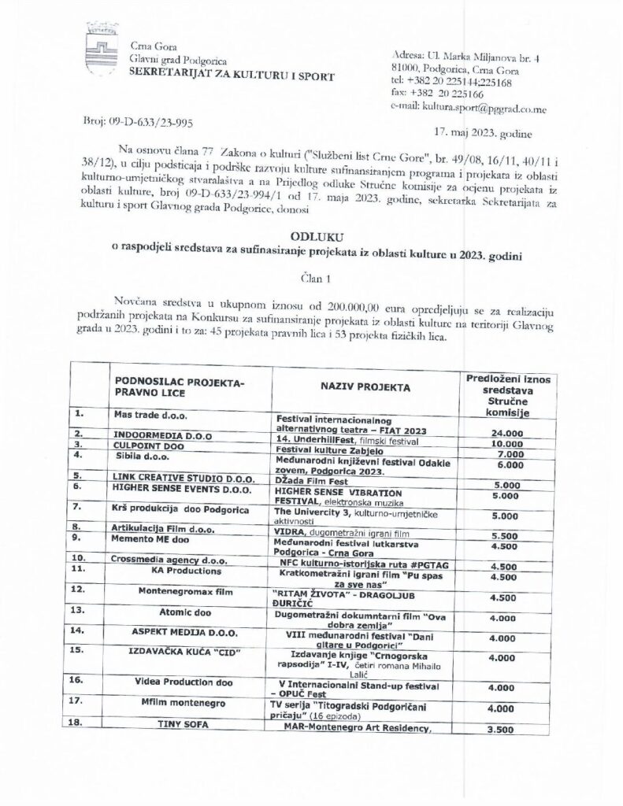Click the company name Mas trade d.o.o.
pyautogui.click(x=150, y=414)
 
